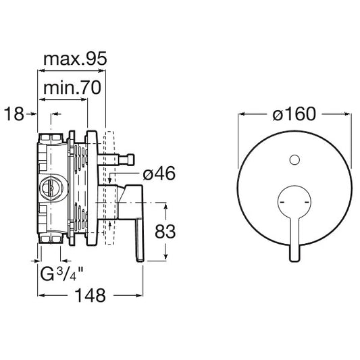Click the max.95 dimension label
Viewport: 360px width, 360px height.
click(75, 59)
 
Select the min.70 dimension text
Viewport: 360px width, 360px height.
click(72, 88)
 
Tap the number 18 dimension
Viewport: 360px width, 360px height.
click(14, 114)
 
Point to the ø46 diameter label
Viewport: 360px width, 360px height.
click(159, 174)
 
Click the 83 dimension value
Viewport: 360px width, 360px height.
click(165, 232)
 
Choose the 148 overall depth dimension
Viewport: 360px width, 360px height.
click(91, 295)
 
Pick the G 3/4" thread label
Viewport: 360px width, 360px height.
click(61, 274)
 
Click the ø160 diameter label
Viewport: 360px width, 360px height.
click(294, 114)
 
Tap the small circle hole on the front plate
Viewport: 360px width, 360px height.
click(294, 160)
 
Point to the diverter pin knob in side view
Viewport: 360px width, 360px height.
click(129, 159)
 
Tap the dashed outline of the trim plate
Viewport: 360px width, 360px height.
click(109, 188)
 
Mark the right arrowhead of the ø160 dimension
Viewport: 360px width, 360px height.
click(348, 113)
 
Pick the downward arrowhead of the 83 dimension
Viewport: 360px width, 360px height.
click(165, 257)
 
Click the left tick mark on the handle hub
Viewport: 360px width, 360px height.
click(282, 202)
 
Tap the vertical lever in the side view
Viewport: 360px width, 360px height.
click(140, 240)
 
